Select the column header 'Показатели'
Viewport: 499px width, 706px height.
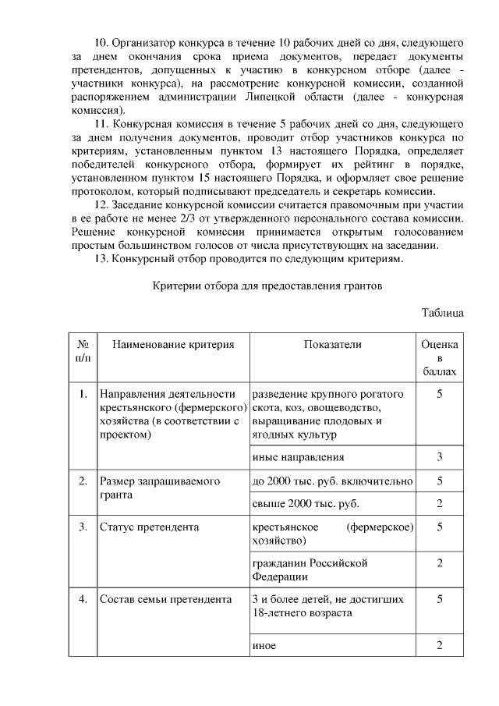click(x=333, y=345)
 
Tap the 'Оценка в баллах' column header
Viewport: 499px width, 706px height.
click(x=440, y=358)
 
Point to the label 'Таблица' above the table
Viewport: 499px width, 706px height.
click(x=443, y=313)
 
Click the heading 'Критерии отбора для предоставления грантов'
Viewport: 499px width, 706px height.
click(x=267, y=286)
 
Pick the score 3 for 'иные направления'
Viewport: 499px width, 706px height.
click(x=440, y=457)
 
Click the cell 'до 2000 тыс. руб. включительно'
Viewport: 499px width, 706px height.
click(x=332, y=481)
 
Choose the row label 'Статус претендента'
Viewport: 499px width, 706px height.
click(x=150, y=527)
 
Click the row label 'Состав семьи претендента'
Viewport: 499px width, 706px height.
click(x=166, y=600)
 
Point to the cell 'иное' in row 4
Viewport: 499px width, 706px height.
click(x=264, y=646)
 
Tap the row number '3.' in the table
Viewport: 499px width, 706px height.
click(x=82, y=527)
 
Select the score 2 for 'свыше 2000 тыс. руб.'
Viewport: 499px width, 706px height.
click(x=440, y=504)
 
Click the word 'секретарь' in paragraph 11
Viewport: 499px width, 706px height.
click(x=375, y=192)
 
